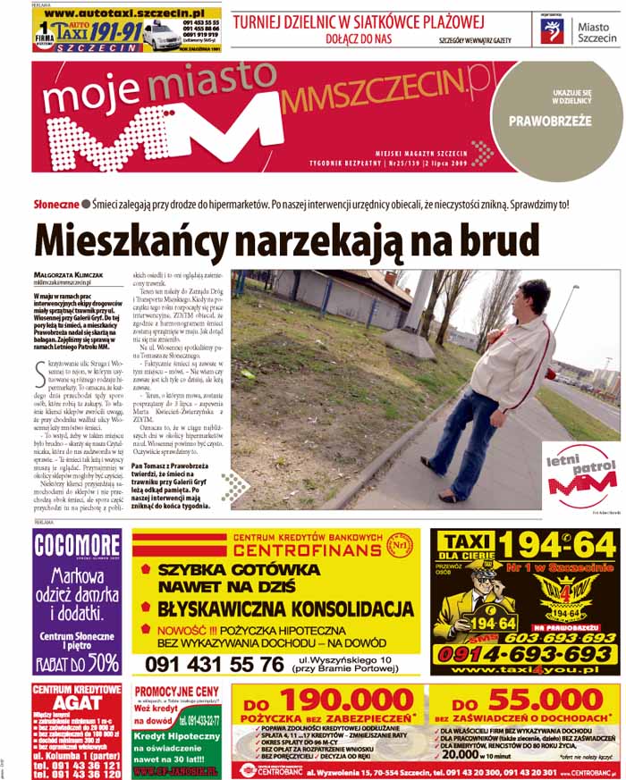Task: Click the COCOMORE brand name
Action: (x=77, y=546)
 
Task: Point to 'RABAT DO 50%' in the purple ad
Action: (x=77, y=663)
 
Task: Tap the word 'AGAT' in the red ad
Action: (x=77, y=704)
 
